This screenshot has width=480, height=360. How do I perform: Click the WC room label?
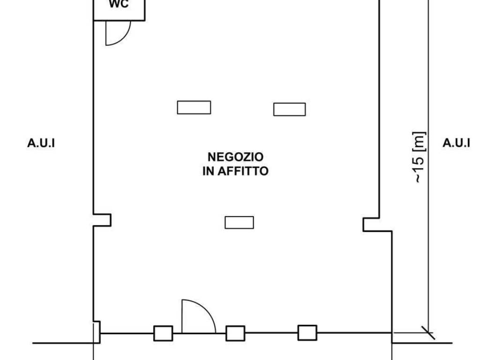tap(119, 4)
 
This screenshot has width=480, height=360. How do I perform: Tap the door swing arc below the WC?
tap(124, 38)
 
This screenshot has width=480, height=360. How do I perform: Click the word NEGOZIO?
tap(235, 157)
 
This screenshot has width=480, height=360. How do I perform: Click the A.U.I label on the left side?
tap(41, 143)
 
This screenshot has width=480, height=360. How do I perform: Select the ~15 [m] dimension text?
tap(419, 157)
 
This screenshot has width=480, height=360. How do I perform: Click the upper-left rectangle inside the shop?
tap(194, 107)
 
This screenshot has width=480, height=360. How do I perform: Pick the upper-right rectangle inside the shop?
tap(290, 109)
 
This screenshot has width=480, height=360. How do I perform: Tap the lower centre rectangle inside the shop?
tap(240, 223)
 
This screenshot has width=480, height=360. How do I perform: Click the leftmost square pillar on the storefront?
tap(163, 333)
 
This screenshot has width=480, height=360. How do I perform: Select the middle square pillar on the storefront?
tap(235, 333)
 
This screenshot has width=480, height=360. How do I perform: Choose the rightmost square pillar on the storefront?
tap(307, 333)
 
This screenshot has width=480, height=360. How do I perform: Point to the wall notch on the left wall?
tap(102, 220)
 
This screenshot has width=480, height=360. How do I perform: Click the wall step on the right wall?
tap(377, 225)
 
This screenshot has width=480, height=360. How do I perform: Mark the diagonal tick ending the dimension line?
tap(428, 333)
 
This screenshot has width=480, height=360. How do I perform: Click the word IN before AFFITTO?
tap(208, 171)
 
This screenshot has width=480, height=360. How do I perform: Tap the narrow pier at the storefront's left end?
tap(97, 332)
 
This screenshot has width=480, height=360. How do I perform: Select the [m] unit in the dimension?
tap(419, 142)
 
